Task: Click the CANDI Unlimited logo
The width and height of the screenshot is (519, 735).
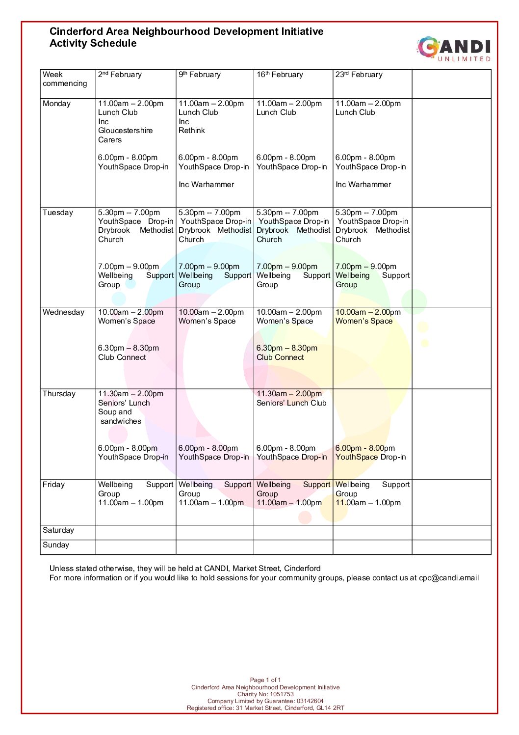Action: (454, 49)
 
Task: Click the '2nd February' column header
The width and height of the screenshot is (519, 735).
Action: (120, 75)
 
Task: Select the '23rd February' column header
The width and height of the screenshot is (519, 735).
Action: (359, 75)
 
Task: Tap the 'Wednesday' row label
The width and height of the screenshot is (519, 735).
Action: (63, 312)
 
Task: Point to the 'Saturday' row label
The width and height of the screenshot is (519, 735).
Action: (58, 530)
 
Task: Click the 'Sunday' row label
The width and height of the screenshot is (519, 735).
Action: (56, 545)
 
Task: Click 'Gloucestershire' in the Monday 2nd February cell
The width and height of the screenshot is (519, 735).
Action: (125, 131)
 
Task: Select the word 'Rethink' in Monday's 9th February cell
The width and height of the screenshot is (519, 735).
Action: (192, 131)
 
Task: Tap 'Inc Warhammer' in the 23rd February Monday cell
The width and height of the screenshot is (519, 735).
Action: (363, 185)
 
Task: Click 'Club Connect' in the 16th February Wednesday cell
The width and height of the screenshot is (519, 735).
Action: (280, 357)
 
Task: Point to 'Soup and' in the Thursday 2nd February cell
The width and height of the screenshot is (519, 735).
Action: (115, 412)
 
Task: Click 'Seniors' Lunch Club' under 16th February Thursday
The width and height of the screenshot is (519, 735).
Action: (291, 403)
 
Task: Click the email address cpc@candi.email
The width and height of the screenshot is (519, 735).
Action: (448, 578)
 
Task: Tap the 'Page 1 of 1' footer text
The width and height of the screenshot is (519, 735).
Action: (265, 680)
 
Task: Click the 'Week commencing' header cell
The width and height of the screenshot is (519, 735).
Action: (65, 79)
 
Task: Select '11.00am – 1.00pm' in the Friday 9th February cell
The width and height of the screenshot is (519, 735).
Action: (211, 503)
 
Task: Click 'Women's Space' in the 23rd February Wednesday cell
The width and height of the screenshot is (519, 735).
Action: (364, 321)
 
